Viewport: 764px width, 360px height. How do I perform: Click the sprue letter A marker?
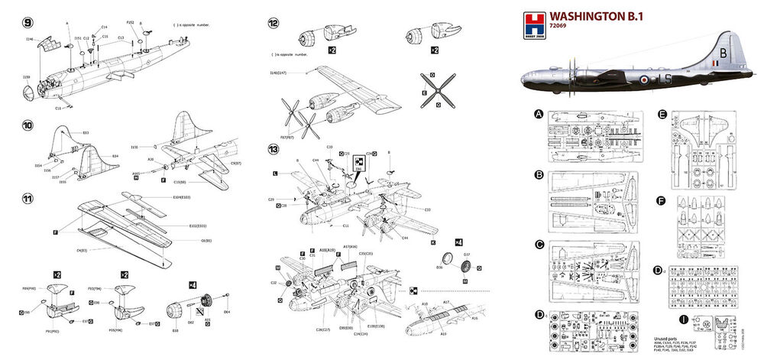pos(539,115)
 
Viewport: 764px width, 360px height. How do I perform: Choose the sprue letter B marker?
pos(539,174)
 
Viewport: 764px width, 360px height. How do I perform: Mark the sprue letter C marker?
pos(539,245)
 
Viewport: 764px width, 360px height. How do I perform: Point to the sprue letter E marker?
pos(662,115)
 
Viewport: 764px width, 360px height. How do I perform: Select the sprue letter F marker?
pos(662,202)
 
